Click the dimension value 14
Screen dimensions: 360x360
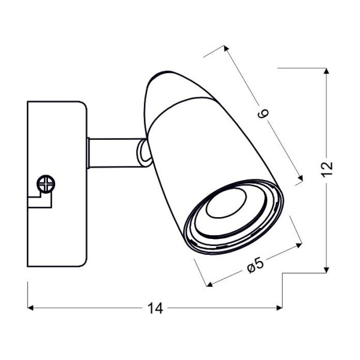155,308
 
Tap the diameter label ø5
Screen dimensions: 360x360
256,266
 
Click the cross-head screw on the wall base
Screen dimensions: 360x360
46,184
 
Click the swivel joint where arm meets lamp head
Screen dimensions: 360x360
144,153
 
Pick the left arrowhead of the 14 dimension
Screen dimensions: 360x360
31,308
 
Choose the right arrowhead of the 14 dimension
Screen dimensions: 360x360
280,308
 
